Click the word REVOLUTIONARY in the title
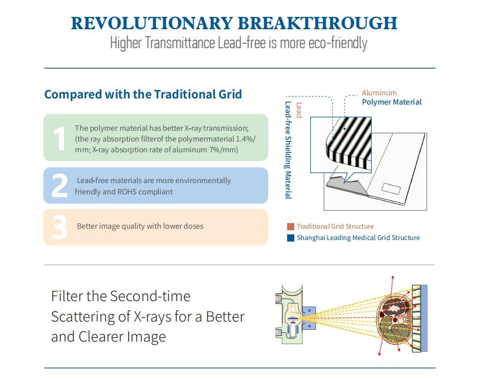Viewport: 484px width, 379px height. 152,23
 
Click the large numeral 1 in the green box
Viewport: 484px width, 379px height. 59,138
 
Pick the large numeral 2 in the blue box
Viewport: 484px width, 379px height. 59,185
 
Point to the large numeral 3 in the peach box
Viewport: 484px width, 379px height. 59,227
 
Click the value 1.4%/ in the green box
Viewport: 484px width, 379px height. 246,138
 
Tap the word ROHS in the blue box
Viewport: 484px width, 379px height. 127,191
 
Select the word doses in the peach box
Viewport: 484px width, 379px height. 193,226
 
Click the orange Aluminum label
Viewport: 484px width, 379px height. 379,93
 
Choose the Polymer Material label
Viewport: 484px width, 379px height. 391,102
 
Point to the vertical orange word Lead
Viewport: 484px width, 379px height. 299,110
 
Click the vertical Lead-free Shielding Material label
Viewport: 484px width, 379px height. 288,150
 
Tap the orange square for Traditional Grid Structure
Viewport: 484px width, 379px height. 291,226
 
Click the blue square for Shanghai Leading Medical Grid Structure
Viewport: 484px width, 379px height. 291,238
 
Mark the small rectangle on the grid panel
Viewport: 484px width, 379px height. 391,189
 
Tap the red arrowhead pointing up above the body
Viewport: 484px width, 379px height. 393,277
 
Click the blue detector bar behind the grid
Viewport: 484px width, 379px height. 424,318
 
